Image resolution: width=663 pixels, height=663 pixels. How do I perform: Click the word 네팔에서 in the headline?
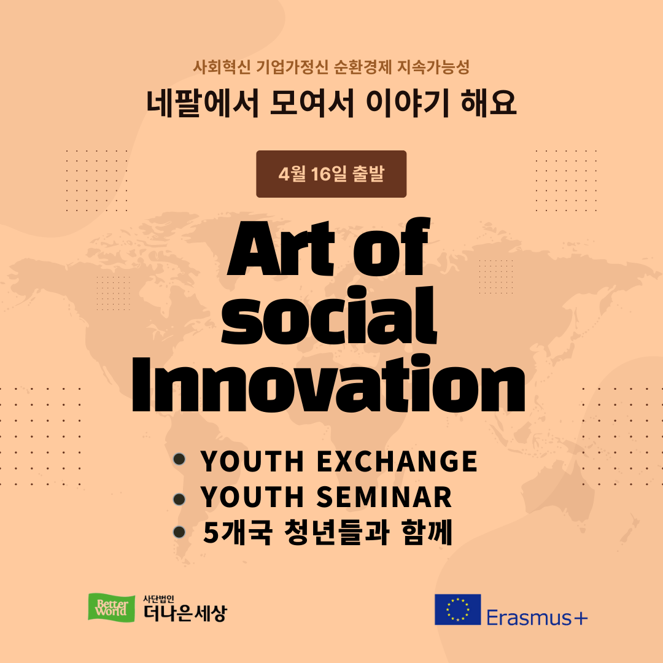click(203, 103)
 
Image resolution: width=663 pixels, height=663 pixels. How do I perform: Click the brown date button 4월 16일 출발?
click(331, 174)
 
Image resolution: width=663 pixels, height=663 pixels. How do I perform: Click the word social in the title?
click(329, 315)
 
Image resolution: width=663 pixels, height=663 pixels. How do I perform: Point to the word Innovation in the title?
click(328, 383)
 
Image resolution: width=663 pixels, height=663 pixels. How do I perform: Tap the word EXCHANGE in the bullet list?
click(397, 461)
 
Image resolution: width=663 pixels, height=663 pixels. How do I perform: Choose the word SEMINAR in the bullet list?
click(384, 497)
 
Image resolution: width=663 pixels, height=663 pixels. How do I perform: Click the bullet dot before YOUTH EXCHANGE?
click(179, 459)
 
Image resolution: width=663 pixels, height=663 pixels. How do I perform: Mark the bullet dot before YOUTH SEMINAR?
click(179, 499)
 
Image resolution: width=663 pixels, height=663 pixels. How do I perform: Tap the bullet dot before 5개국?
click(179, 532)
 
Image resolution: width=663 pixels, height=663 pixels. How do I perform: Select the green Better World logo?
click(111, 608)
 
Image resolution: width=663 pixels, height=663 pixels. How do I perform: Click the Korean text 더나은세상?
click(185, 613)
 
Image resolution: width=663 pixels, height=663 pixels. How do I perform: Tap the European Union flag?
click(457, 610)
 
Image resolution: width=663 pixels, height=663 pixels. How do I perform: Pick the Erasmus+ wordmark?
click(537, 618)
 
